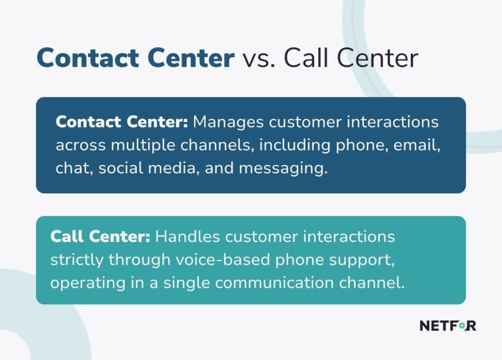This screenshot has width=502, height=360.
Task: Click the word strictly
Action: [x=76, y=260]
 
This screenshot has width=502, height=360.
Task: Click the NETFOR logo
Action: [x=447, y=325]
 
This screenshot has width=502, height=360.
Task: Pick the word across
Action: [x=80, y=145]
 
